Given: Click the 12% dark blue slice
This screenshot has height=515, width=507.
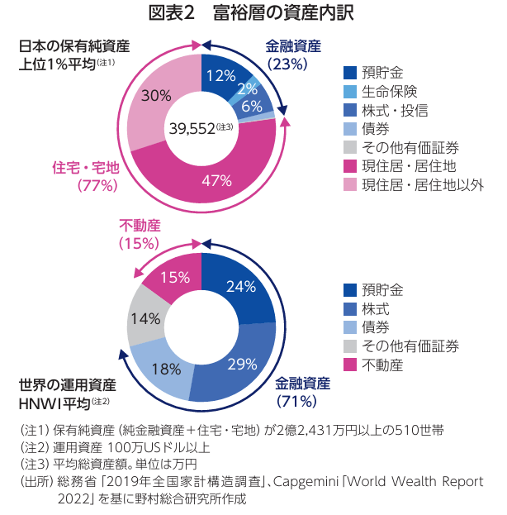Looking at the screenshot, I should click(x=220, y=75).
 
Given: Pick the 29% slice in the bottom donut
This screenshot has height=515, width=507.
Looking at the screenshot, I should click(x=240, y=364).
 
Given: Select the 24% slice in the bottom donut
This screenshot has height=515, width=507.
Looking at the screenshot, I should click(x=239, y=286).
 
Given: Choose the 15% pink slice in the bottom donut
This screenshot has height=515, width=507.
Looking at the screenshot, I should click(x=174, y=277).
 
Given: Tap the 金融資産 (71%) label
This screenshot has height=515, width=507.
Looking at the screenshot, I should click(x=302, y=392).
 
